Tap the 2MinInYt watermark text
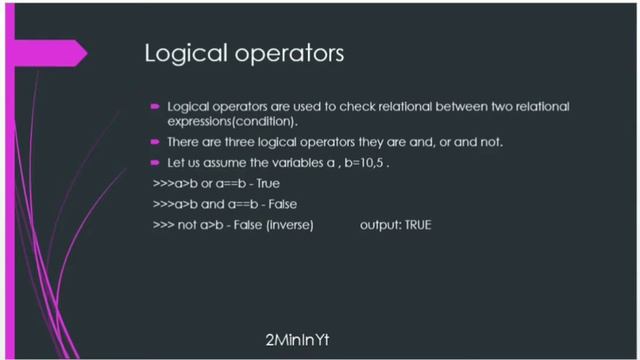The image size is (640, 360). pyautogui.click(x=298, y=340)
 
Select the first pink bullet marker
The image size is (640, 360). pyautogui.click(x=155, y=105)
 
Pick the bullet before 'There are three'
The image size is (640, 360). pyautogui.click(x=155, y=141)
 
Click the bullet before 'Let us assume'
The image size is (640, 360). pyautogui.click(x=155, y=162)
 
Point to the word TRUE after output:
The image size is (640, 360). pyautogui.click(x=417, y=226)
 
